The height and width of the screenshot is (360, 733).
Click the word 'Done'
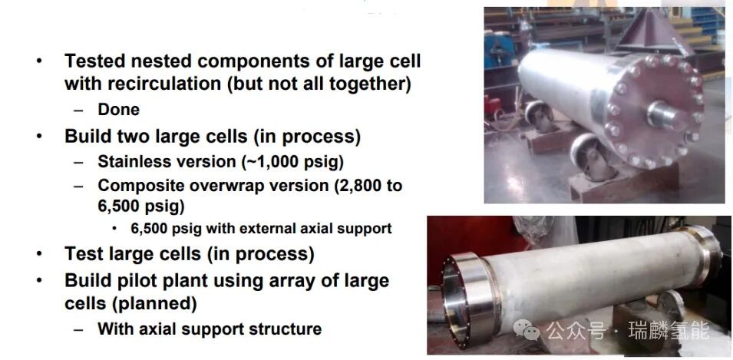118,110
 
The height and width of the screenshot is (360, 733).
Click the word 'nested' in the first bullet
153,61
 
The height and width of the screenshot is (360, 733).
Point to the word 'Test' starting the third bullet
84,253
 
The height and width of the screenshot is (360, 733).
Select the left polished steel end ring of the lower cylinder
470,300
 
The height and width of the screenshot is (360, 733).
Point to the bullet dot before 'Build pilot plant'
40,282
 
